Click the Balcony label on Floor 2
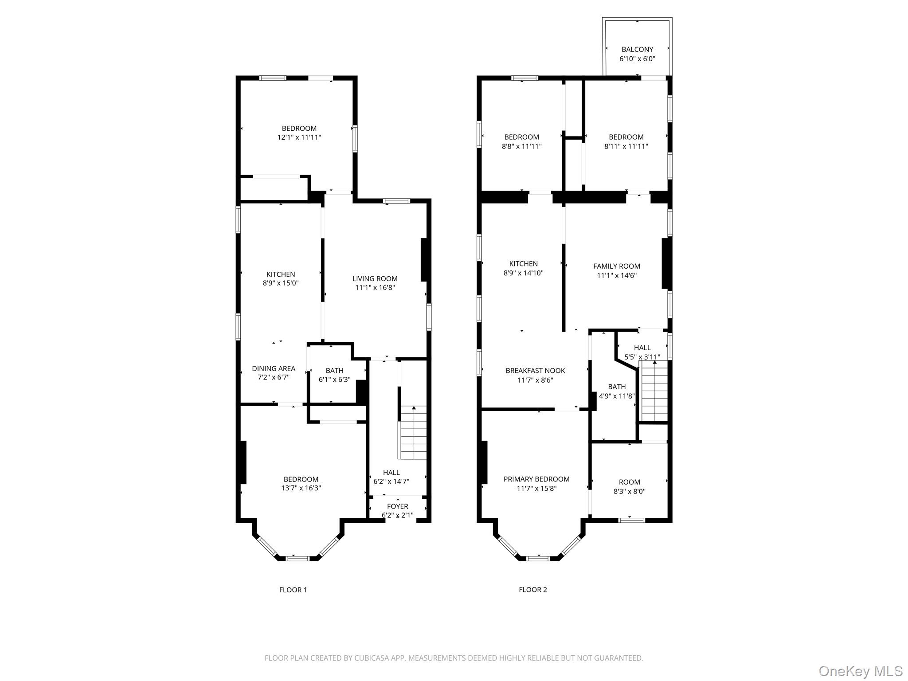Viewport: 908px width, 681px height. click(x=637, y=50)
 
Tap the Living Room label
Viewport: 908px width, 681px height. click(x=375, y=279)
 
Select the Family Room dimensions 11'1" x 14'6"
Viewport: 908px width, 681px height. click(x=617, y=275)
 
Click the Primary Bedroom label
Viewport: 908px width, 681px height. click(x=536, y=479)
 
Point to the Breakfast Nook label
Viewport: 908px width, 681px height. click(x=535, y=371)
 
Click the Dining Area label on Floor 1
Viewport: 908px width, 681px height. click(x=274, y=368)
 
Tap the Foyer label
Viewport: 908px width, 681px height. click(x=398, y=506)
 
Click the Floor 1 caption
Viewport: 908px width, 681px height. click(x=293, y=590)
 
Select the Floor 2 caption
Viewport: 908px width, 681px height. click(x=533, y=590)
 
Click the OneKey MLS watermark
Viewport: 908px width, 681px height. click(x=861, y=671)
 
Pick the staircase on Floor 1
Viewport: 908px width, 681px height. click(x=413, y=432)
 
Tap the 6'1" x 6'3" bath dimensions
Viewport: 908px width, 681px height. click(x=334, y=380)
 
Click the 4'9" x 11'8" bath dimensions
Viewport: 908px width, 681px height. click(x=617, y=396)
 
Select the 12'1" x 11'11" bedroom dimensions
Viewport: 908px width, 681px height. click(x=299, y=137)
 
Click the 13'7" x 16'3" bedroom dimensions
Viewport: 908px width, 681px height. click(x=301, y=488)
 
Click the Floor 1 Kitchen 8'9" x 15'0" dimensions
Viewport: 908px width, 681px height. click(x=281, y=283)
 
